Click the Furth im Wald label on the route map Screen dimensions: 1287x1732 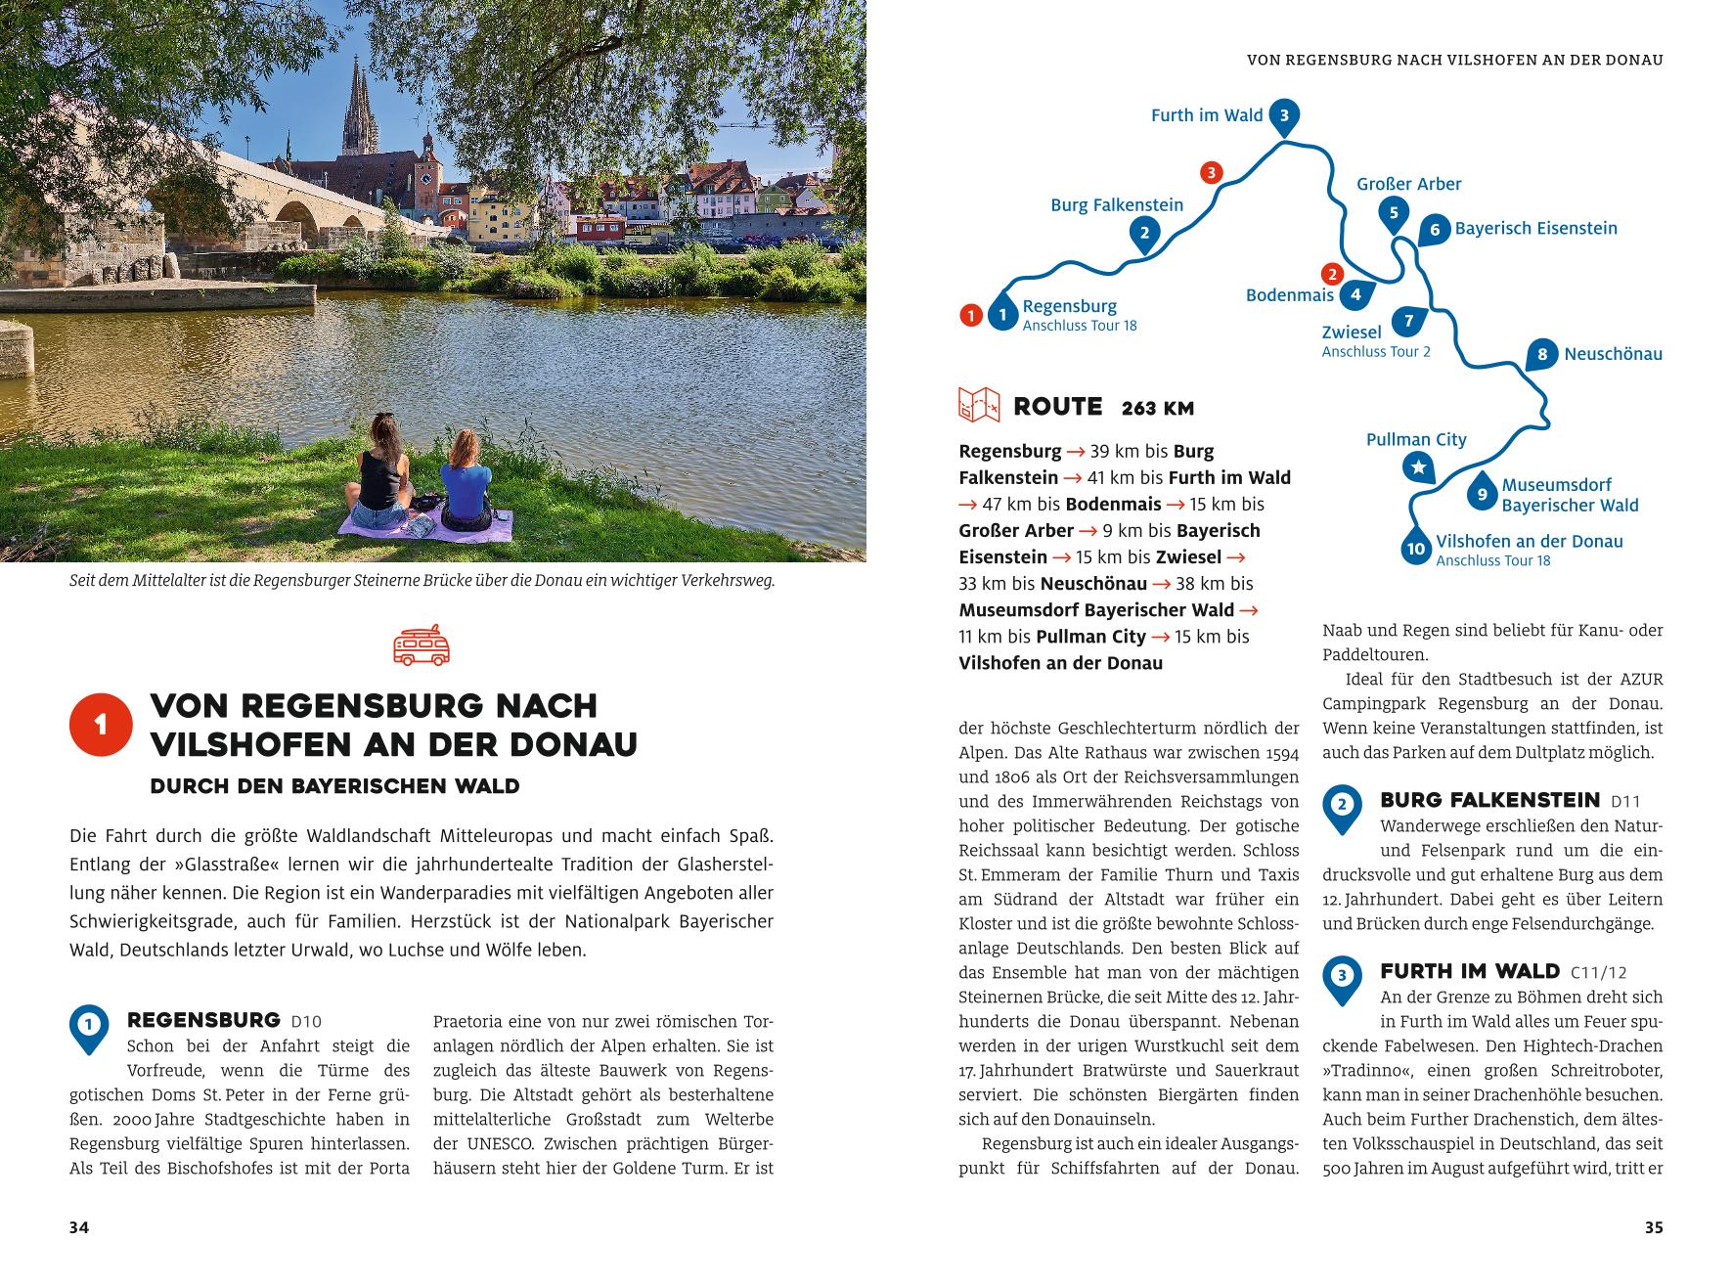tap(1207, 115)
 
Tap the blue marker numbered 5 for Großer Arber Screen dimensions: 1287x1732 tap(1393, 213)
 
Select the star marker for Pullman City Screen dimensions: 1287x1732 tap(1417, 467)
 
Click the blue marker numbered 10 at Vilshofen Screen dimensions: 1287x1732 tap(1415, 549)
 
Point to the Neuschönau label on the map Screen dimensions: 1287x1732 tap(1613, 354)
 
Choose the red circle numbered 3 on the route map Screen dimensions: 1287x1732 tap(1211, 173)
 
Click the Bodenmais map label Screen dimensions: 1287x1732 tap(1289, 294)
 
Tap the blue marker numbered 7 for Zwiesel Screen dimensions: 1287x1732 tap(1409, 321)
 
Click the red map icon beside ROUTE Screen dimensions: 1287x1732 tap(979, 405)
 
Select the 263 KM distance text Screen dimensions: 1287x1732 tap(1158, 408)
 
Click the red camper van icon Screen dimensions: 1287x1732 tap(422, 645)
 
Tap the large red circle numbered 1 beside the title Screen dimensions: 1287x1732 tap(101, 725)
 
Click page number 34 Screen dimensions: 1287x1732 tap(79, 1227)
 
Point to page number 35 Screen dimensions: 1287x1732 tap(1653, 1227)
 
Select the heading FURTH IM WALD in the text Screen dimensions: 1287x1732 tap(1469, 971)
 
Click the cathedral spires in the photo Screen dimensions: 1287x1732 tap(356, 108)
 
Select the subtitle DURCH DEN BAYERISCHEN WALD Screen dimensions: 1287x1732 tap(334, 786)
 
